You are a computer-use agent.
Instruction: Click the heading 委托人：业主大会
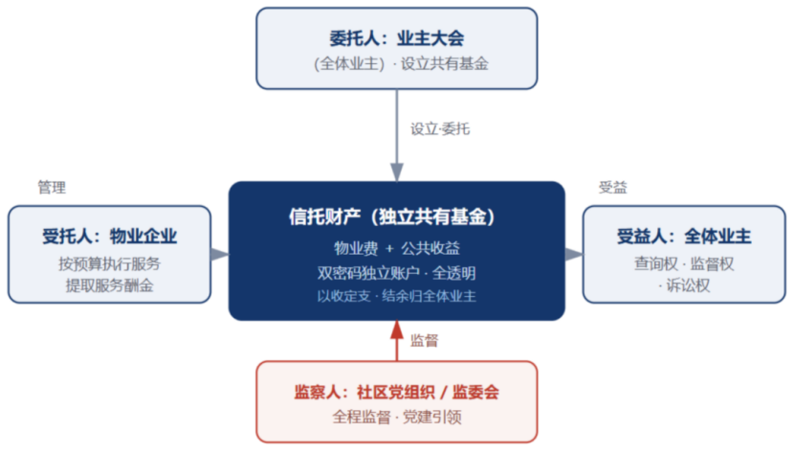coord(396,38)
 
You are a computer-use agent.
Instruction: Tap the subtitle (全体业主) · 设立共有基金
coord(401,64)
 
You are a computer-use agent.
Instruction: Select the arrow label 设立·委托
coord(439,129)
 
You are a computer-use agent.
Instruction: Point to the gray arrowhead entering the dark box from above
coord(397,172)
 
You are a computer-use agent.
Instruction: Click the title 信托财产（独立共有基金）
coord(392,216)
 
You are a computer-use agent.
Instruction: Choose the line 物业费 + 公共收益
coord(396,248)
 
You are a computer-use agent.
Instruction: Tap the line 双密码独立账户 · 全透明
coord(396,273)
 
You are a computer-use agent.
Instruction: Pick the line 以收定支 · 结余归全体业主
coord(396,296)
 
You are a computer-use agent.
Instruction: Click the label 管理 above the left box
coord(52,187)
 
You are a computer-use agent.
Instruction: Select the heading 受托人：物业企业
coord(109,237)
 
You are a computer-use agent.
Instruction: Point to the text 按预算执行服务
coord(109,263)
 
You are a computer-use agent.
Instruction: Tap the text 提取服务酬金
coord(109,285)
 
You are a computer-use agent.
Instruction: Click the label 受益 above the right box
coord(612,187)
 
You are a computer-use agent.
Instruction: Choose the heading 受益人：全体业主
coord(684,237)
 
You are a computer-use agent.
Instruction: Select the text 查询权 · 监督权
coord(684,263)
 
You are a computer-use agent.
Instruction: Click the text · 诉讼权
coord(684,285)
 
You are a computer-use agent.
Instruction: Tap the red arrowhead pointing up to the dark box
coord(397,330)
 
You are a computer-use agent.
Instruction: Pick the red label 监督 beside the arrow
coord(425,340)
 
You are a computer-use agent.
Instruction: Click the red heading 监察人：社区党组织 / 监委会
coord(396,392)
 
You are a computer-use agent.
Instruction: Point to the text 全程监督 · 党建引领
coord(396,417)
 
